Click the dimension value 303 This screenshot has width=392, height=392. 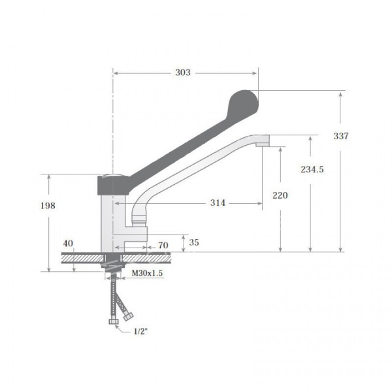coord(183,73)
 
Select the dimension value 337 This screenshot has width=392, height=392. coord(341,136)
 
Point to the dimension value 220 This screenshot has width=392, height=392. coord(279,195)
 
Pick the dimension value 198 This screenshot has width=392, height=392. coord(48,206)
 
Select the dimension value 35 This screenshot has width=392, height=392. coord(193,242)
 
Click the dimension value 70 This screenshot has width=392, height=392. coord(163,246)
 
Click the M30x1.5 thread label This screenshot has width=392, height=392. coord(147,273)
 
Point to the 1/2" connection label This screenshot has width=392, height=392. coord(140,331)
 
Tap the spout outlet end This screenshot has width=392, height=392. coord(264,140)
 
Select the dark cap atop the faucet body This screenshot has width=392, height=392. coord(110,184)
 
